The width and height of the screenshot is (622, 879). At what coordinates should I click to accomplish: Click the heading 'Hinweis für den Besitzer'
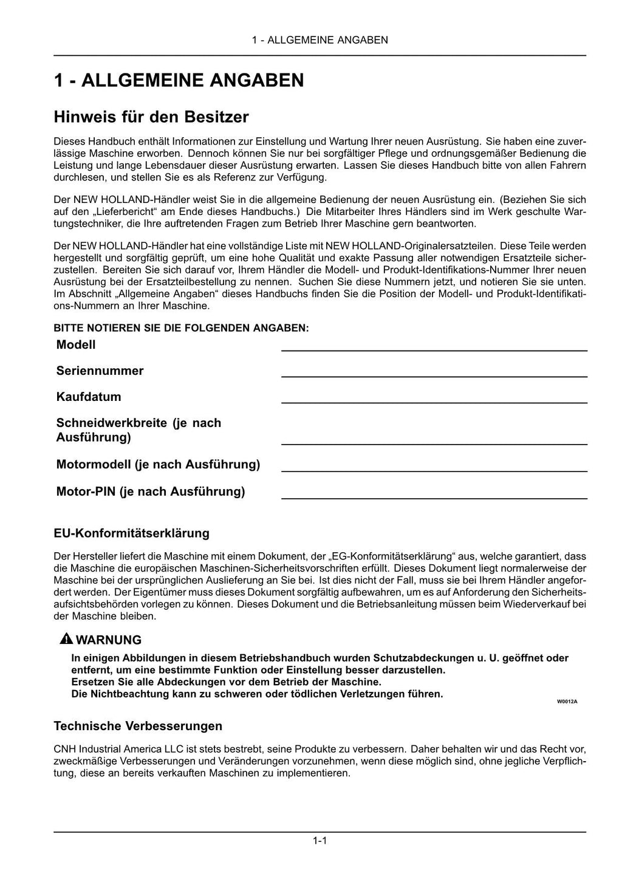point(151,116)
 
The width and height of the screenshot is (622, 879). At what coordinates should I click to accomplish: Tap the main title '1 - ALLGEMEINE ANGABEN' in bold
point(179,80)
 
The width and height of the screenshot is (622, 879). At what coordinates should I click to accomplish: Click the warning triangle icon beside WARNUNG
point(66,639)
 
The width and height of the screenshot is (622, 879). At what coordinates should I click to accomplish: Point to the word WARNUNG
point(109,640)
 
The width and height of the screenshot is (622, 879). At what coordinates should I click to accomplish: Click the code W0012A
point(567,701)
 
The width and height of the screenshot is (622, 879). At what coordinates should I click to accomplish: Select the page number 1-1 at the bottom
point(320,841)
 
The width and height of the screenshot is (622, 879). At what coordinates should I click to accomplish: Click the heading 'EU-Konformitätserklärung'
point(131,533)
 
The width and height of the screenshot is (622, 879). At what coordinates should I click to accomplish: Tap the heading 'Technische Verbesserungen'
point(138,726)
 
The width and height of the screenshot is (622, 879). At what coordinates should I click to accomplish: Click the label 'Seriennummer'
point(100,371)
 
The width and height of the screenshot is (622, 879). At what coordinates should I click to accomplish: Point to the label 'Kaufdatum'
point(89,397)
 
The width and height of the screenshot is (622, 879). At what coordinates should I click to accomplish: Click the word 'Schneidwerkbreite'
point(111,423)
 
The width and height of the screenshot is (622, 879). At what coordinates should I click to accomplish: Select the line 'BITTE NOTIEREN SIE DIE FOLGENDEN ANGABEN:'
point(181,328)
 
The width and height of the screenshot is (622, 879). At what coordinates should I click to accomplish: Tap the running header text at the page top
point(320,40)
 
